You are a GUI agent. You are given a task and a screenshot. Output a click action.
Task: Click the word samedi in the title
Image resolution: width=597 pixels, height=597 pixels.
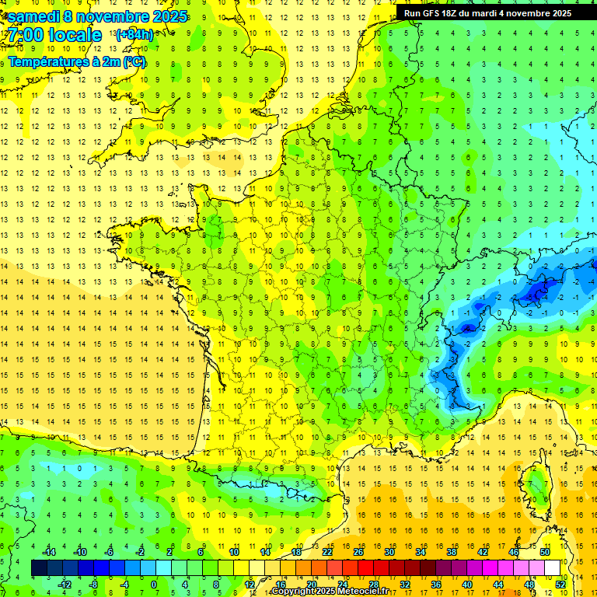click(x=33, y=16)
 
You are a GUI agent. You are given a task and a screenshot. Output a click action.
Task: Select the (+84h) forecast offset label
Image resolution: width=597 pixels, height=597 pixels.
click(x=134, y=35)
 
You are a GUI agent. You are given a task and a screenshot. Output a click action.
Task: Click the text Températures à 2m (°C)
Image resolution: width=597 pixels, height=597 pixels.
click(x=77, y=62)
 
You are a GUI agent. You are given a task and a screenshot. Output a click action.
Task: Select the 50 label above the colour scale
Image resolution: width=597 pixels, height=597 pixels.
click(x=544, y=551)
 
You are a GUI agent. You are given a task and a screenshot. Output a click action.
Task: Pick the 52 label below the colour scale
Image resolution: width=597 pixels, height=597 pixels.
click(x=560, y=585)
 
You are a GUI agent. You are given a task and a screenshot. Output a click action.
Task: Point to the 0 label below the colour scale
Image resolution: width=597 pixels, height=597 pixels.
click(x=154, y=585)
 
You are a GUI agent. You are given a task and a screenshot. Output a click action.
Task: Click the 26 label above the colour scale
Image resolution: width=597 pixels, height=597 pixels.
click(x=358, y=551)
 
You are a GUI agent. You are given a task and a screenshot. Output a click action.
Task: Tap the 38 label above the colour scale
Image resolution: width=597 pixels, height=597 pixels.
click(x=451, y=551)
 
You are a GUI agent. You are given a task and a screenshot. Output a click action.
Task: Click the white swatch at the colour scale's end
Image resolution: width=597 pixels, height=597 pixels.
click(x=552, y=568)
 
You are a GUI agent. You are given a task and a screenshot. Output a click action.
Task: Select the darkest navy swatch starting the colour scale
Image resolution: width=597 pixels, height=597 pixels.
click(x=39, y=568)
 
